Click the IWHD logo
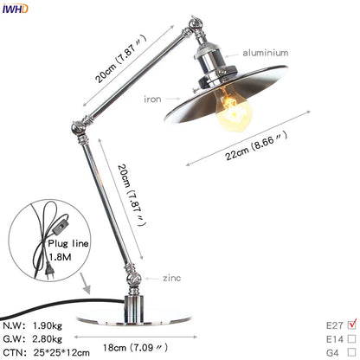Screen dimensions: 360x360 (16, 9)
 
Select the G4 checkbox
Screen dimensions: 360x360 (350, 353)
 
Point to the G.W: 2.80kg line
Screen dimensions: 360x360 (35, 338)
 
